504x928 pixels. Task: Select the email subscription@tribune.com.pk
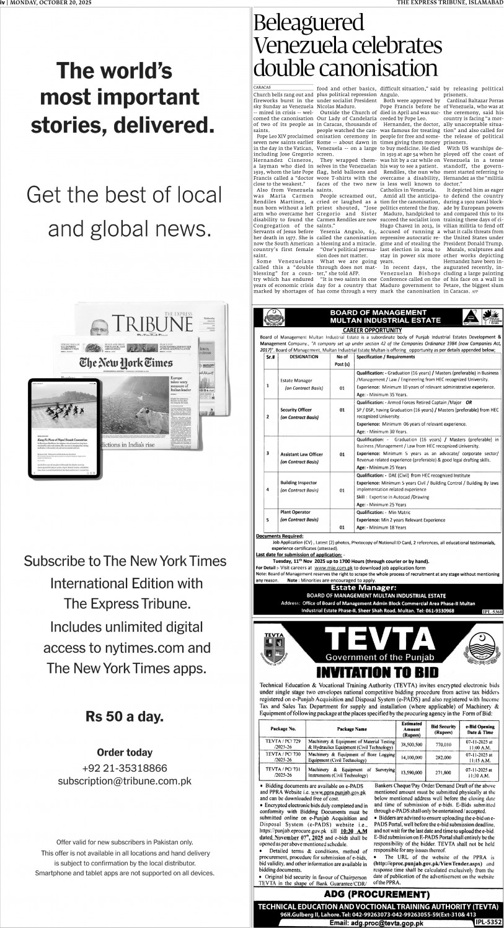[125, 781]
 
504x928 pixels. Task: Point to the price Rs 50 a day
[125, 717]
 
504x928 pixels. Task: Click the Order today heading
[125, 753]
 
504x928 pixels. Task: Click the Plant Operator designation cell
[294, 512]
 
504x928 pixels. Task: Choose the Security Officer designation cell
[294, 410]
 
